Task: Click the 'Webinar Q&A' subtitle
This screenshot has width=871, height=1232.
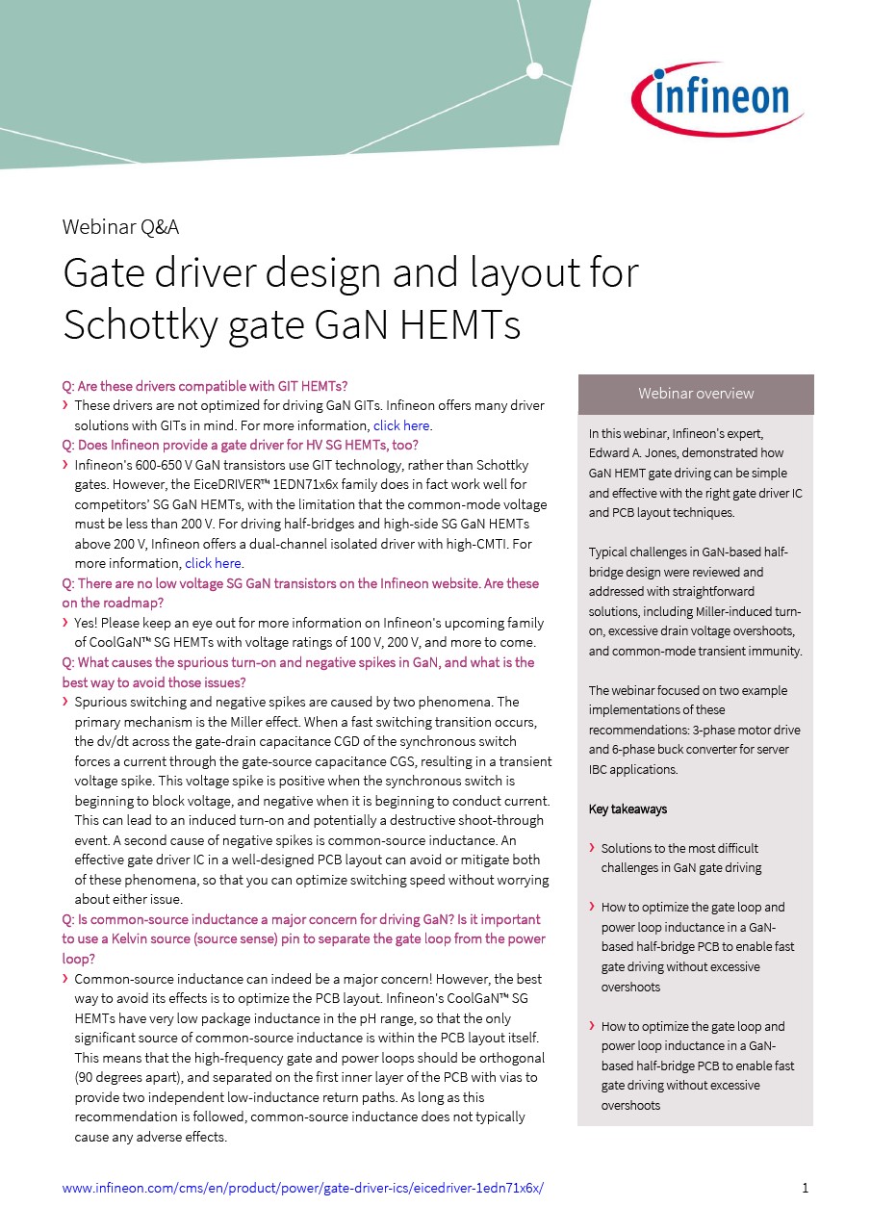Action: point(120,227)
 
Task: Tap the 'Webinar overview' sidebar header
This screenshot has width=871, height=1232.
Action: point(696,394)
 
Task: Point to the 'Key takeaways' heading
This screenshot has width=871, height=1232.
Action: point(628,809)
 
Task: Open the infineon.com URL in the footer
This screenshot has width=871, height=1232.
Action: point(302,1188)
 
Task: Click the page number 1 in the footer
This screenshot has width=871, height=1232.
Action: point(805,1188)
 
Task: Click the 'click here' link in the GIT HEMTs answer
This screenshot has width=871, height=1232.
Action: point(401,425)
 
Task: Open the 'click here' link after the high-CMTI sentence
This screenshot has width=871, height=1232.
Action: point(213,563)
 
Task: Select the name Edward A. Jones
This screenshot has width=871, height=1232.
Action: point(636,453)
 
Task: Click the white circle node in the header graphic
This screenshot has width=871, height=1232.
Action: point(534,70)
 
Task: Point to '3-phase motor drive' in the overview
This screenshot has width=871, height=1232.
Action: point(746,730)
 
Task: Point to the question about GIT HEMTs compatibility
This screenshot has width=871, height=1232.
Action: point(205,386)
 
